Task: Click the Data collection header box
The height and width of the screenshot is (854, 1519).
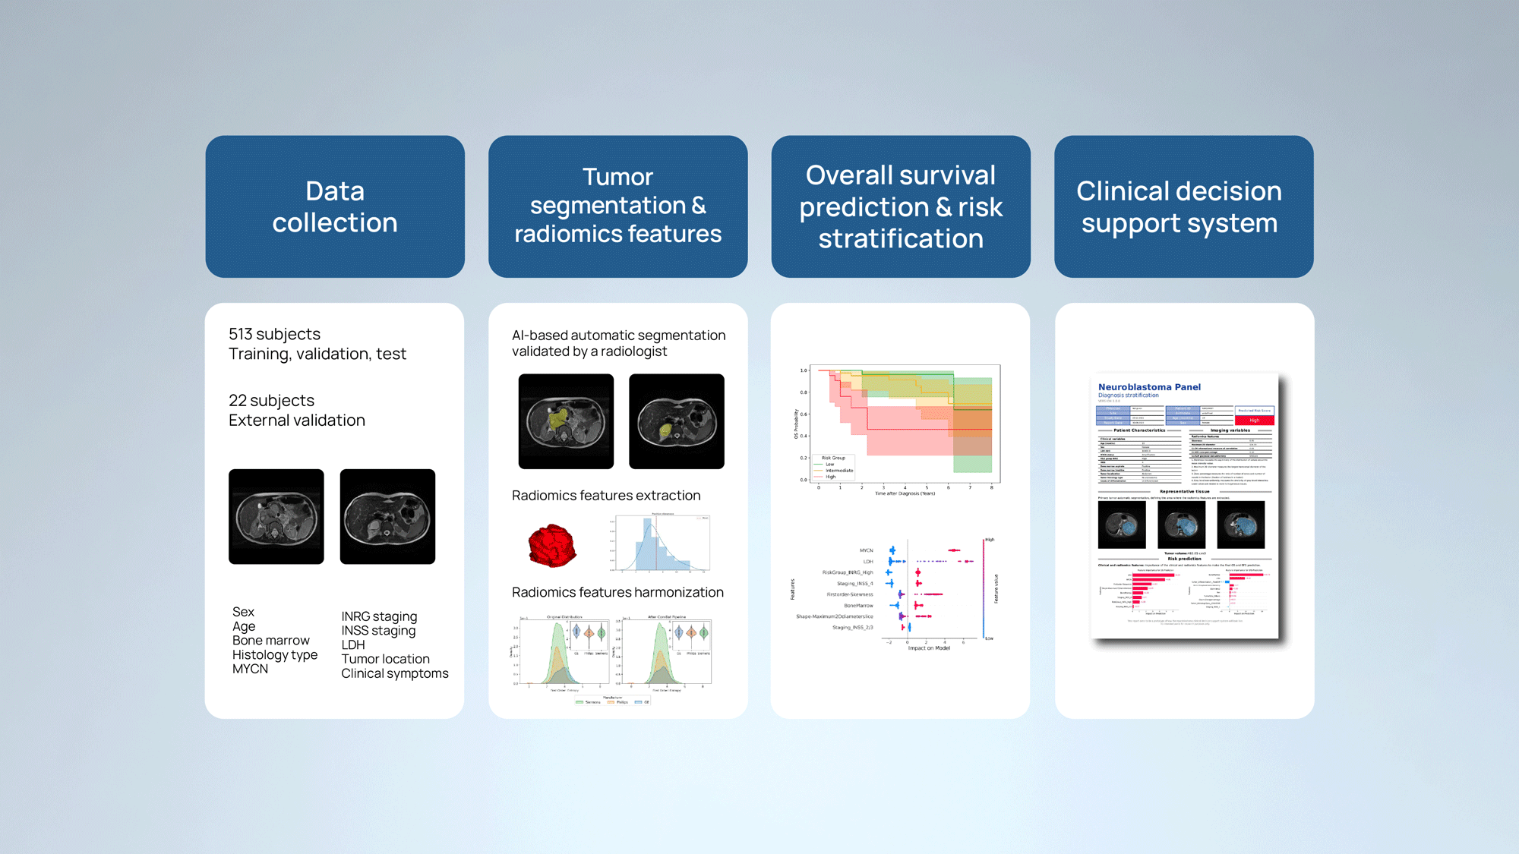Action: tap(335, 206)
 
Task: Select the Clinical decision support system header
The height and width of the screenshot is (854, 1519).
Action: tap(1183, 206)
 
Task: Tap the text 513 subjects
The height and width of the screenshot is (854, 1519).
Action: tap(274, 334)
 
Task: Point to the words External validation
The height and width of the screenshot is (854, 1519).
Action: tap(296, 420)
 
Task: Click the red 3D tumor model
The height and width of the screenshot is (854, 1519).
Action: tap(551, 546)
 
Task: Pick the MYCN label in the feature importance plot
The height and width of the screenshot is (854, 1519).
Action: tap(866, 550)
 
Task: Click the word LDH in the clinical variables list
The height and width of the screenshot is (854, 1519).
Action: tap(352, 644)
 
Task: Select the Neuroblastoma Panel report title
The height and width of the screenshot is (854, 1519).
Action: tap(1149, 387)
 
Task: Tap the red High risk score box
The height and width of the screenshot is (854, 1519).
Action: tap(1254, 420)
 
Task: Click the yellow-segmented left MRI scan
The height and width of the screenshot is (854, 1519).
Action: tap(566, 421)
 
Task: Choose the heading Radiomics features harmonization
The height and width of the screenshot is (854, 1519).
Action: tap(617, 592)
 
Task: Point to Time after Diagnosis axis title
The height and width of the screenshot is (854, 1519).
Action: tap(905, 493)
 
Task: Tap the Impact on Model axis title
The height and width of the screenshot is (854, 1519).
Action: tap(928, 648)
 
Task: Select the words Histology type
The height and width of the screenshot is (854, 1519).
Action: tap(274, 654)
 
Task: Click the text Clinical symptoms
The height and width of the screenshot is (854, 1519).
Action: tap(394, 673)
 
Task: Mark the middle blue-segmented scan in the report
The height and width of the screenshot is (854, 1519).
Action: tap(1181, 525)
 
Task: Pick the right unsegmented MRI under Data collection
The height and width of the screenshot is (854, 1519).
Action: tap(387, 516)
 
